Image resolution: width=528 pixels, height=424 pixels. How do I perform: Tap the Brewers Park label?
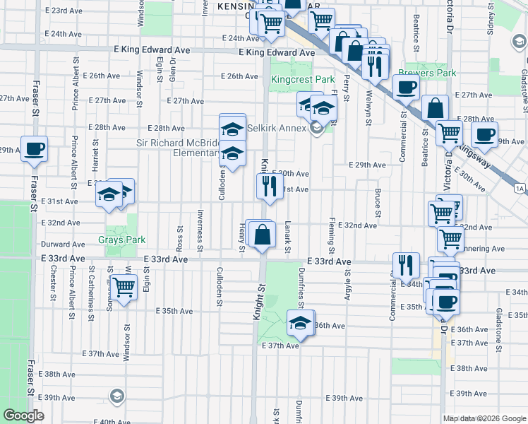[x=427, y=73]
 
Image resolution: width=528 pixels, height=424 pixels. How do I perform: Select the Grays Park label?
[x=122, y=240]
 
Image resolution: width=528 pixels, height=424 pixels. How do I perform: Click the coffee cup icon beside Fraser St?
[x=34, y=150]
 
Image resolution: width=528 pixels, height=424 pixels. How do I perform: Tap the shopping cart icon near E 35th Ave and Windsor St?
[x=124, y=288]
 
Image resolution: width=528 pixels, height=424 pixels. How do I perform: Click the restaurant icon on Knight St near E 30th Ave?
[x=268, y=187]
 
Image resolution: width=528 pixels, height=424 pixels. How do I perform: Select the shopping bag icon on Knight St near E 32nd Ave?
[x=262, y=235]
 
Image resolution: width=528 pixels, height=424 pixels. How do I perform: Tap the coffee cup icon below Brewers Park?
[x=406, y=88]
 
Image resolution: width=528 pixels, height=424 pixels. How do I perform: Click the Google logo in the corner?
[x=23, y=416]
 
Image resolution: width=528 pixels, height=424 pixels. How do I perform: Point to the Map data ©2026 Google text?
[x=485, y=418]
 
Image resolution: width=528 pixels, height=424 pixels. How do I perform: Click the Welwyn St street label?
[x=368, y=110]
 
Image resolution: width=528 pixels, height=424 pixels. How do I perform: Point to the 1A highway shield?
[x=520, y=188]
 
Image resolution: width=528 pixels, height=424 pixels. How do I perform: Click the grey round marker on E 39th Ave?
[x=116, y=396]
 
